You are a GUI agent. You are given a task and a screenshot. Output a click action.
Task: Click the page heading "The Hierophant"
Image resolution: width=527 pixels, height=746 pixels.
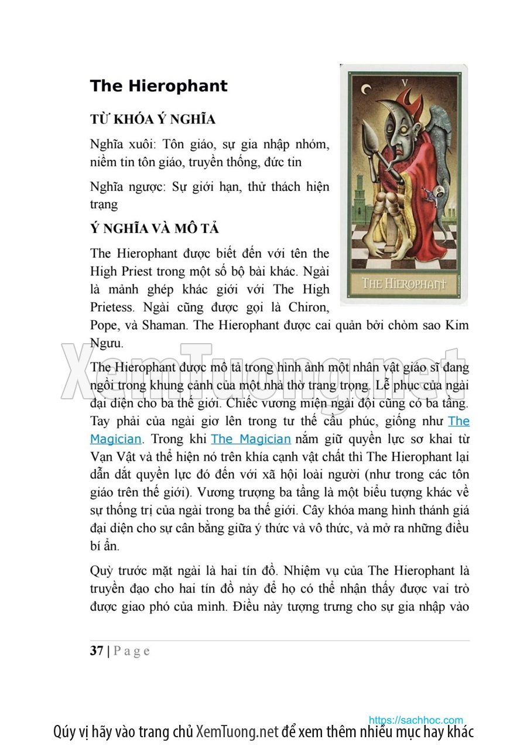pyautogui.click(x=159, y=86)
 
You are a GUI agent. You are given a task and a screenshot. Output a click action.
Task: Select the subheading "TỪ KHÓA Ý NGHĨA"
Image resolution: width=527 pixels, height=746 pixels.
pyautogui.click(x=153, y=119)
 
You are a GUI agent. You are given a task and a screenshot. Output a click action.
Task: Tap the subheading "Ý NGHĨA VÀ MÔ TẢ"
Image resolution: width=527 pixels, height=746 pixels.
pyautogui.click(x=155, y=228)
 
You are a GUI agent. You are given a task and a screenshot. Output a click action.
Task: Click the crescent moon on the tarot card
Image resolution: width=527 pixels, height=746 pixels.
pyautogui.click(x=367, y=89)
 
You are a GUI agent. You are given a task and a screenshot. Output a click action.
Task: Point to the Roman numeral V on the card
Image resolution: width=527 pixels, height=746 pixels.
pyautogui.click(x=403, y=81)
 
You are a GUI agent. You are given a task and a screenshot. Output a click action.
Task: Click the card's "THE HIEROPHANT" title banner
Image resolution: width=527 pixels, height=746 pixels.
pyautogui.click(x=404, y=284)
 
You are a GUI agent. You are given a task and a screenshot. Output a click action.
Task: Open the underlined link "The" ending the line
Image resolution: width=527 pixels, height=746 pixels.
pyautogui.click(x=458, y=421)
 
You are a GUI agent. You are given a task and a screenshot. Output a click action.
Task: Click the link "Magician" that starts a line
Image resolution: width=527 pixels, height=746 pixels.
pyautogui.click(x=116, y=439)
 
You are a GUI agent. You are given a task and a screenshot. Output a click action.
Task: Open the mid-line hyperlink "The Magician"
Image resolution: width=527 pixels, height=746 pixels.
pyautogui.click(x=251, y=439)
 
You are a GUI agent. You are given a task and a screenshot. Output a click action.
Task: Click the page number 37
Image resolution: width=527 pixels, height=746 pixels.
pyautogui.click(x=97, y=651)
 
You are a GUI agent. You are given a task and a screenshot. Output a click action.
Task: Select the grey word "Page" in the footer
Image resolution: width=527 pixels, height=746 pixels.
pyautogui.click(x=132, y=651)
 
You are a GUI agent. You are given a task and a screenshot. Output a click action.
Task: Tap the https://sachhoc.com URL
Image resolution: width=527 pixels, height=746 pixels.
pyautogui.click(x=416, y=720)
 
